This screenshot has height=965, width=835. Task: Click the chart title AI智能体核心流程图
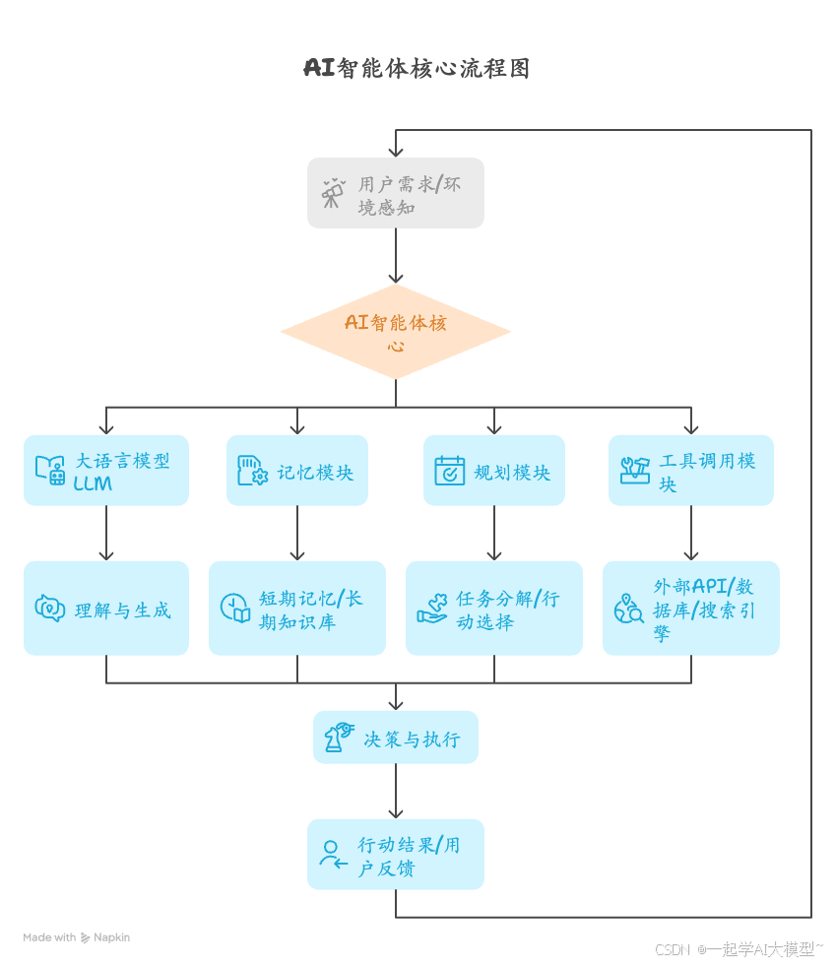[x=417, y=68]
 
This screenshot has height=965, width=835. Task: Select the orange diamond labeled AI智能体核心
[x=396, y=333]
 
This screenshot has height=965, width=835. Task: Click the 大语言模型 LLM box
[x=106, y=471]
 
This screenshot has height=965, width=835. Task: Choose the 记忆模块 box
[x=297, y=471]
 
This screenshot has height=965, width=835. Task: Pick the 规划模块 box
[x=494, y=471]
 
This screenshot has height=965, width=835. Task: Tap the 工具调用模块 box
[x=691, y=471]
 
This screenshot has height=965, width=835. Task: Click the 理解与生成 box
[x=106, y=609]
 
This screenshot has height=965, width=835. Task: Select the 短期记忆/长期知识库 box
[x=297, y=609]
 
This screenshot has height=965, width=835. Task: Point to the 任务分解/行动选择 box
[x=494, y=609]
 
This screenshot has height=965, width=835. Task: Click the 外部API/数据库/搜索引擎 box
[x=691, y=609]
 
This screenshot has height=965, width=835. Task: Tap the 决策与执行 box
[x=396, y=738]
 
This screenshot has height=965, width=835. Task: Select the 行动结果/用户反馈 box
[x=396, y=855]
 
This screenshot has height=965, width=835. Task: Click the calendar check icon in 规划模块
[x=450, y=471]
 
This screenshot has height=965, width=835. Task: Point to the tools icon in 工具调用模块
[x=635, y=471]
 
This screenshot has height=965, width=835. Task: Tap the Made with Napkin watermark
[x=77, y=937]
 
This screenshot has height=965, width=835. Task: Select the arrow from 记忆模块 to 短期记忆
[x=297, y=534]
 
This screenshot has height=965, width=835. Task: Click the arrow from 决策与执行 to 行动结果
[x=396, y=791]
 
